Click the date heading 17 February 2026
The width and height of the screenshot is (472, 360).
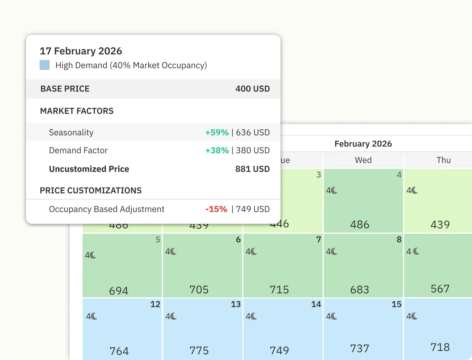coord(81,51)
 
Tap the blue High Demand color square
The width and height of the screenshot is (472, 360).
coord(45,65)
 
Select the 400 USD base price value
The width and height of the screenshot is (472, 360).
coord(253,89)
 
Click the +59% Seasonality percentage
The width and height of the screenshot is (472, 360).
coord(217,132)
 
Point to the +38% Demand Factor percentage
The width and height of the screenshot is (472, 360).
coord(217,150)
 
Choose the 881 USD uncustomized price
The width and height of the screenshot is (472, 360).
coord(253,169)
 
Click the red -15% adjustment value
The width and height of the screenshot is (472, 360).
coord(216,209)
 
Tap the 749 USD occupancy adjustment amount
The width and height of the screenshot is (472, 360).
coord(253,209)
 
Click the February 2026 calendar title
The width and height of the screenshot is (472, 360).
coord(363,144)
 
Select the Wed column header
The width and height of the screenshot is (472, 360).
coord(363,160)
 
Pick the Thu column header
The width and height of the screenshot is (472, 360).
coord(444,160)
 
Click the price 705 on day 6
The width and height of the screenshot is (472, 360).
coord(199,290)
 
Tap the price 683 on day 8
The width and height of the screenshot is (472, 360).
coord(360,290)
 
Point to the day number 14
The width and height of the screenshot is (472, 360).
coord(316,304)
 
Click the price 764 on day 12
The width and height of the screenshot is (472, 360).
coord(119,351)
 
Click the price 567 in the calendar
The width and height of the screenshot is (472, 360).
coord(440,289)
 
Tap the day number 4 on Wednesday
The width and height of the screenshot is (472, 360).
coord(399,175)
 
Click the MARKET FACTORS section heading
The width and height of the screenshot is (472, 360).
coord(77,111)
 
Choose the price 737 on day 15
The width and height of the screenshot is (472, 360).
coord(360,349)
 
